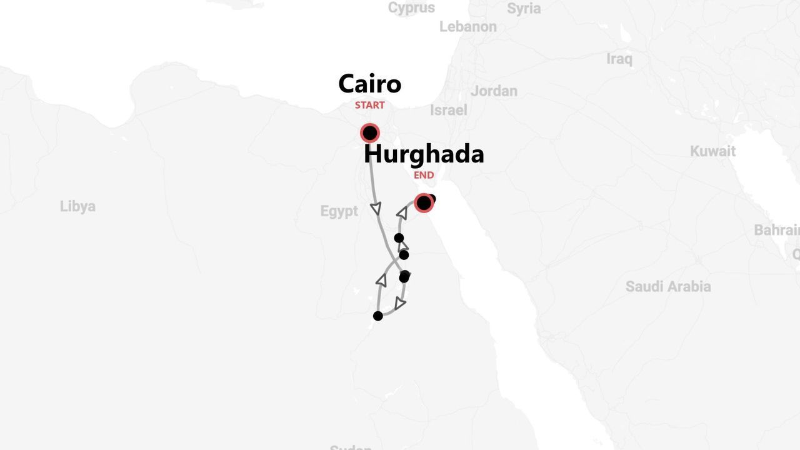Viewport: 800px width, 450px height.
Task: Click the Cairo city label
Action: coord(369,84)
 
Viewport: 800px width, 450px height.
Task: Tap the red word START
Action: coord(369,105)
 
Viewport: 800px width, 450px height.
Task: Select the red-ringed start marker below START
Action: coord(370,133)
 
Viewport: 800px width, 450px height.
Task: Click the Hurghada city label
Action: coord(424,154)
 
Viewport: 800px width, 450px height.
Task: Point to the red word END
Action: coord(424,175)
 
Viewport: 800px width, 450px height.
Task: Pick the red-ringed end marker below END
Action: coord(424,203)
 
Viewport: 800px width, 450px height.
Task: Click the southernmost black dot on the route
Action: coord(377,316)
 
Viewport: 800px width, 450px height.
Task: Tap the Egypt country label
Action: coord(339,211)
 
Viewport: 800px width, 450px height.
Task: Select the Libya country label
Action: coord(77,206)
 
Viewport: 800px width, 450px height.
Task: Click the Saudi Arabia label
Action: coord(668,286)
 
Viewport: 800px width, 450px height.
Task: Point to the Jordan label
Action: coord(494,91)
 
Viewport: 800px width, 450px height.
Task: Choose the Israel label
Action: coord(448,110)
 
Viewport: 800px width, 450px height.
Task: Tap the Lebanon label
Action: coord(467,27)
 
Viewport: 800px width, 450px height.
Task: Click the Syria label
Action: coord(524,9)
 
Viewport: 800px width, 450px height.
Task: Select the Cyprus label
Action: coord(411,8)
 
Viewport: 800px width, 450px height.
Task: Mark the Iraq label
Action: coord(619,59)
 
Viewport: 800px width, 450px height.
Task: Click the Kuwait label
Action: coord(712,151)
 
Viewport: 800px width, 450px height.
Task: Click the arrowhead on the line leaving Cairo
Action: coord(376,209)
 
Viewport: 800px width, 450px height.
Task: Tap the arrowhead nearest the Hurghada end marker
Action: coord(402,214)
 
